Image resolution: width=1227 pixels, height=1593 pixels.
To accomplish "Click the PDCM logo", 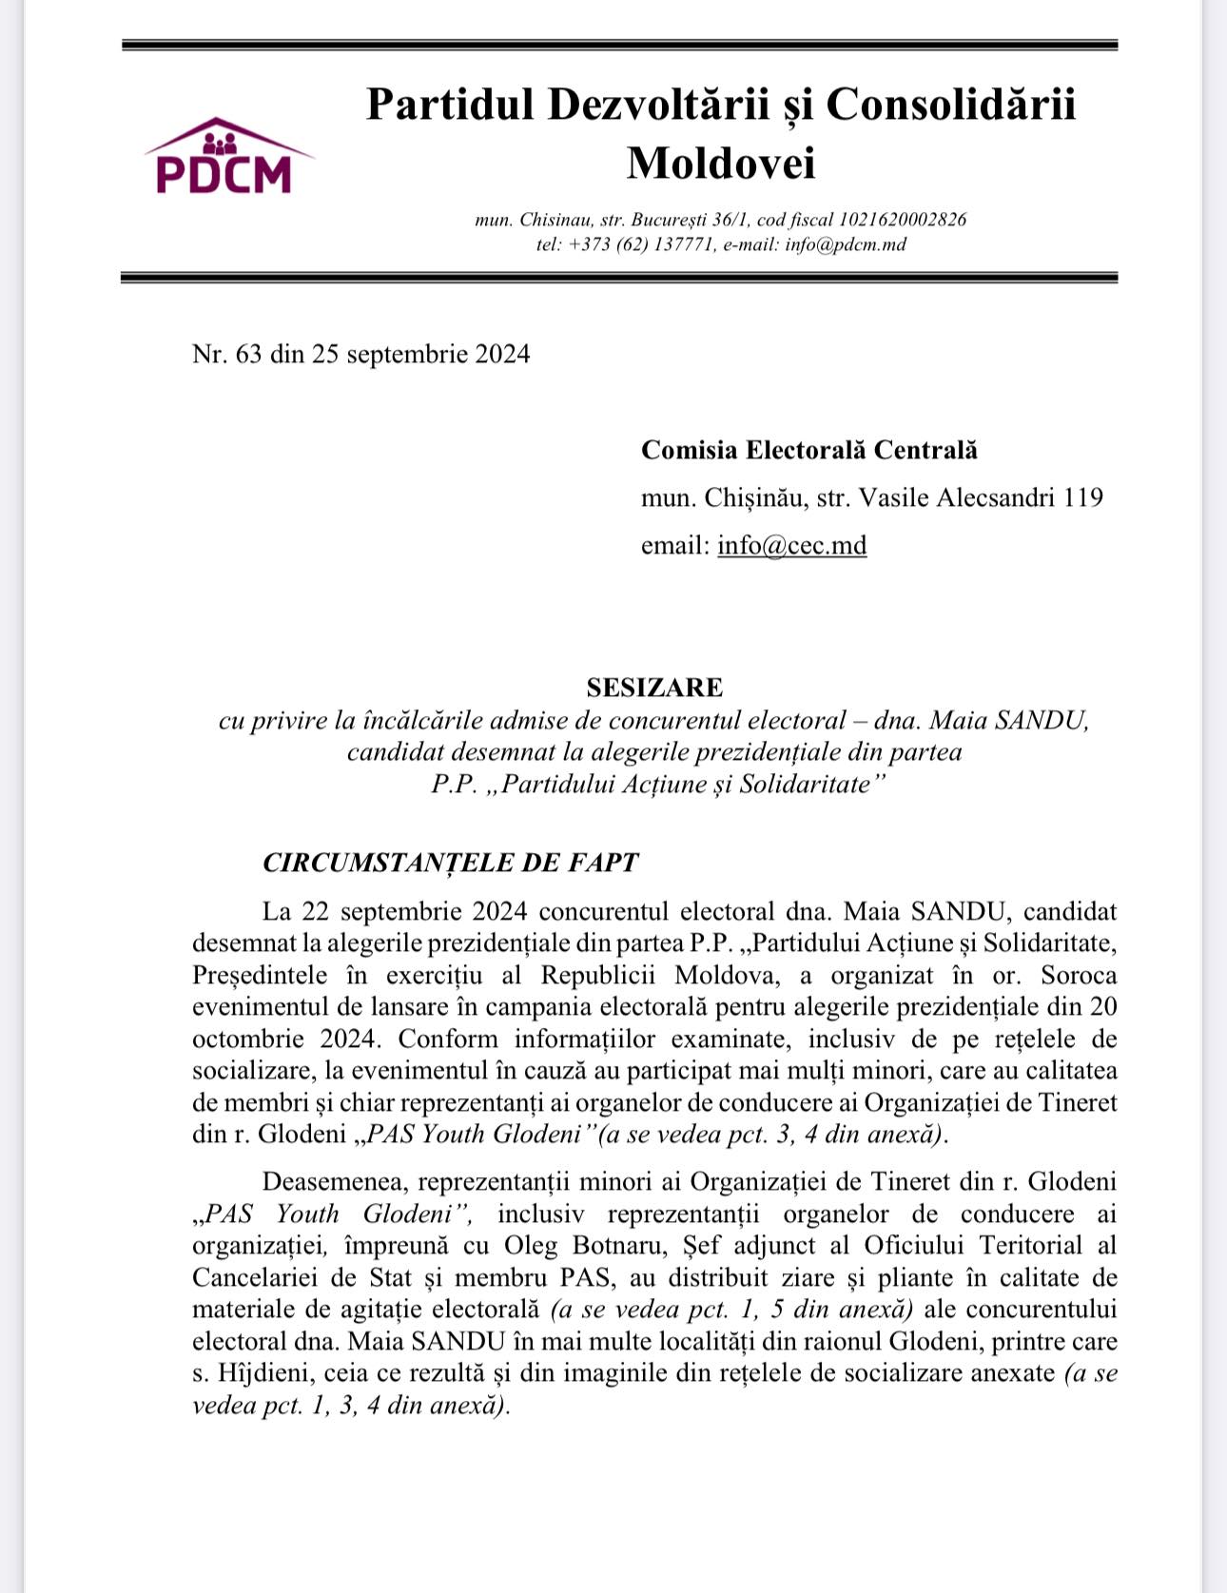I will pos(225,158).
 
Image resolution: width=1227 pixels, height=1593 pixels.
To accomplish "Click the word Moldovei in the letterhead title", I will pos(721,163).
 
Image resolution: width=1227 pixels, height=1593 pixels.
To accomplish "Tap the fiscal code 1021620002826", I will pos(902,220).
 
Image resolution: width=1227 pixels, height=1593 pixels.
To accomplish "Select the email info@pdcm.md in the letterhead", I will pos(846,244).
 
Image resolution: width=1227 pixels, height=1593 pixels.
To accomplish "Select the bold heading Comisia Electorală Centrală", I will pos(808,450).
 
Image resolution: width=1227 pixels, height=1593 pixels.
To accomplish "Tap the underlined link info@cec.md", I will pos(791,546).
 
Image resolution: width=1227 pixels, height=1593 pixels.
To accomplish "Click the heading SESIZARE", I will pos(654,688).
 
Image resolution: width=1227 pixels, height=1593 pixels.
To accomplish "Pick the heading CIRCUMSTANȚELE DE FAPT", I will pos(450,863).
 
